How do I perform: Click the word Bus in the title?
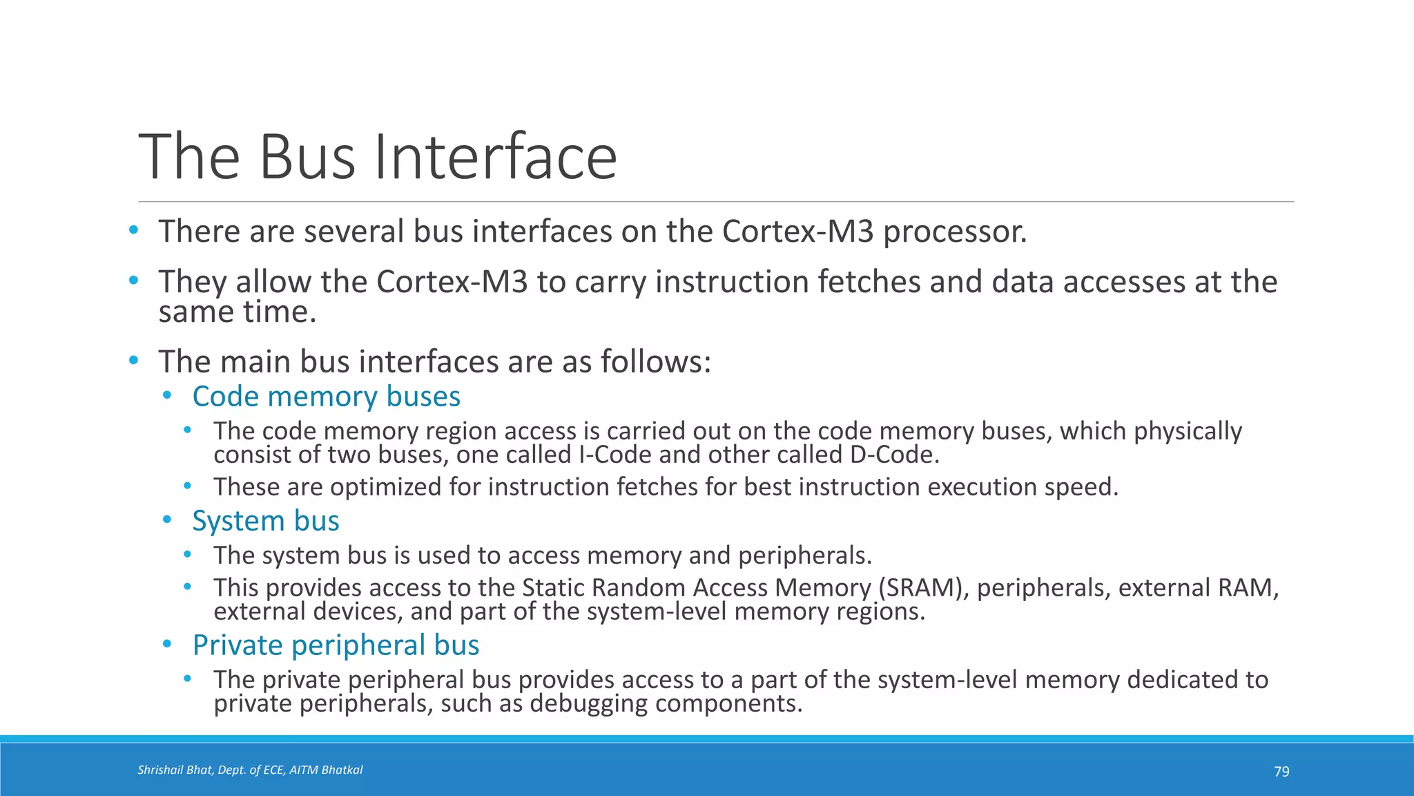308,158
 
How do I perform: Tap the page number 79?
1281,771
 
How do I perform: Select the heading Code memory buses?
326,397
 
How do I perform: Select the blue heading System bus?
266,521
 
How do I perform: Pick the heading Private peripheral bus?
336,645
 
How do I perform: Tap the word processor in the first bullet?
955,232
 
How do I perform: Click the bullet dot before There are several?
133,229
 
